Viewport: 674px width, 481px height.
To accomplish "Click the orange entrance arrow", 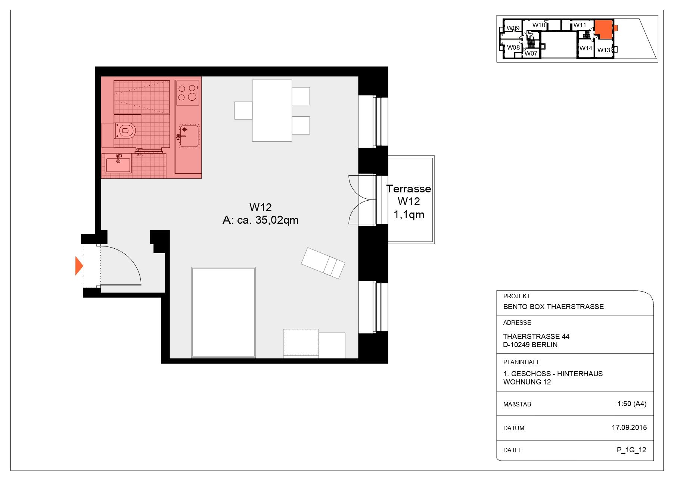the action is (x=78, y=266).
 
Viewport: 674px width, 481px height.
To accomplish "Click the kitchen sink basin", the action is (x=189, y=136).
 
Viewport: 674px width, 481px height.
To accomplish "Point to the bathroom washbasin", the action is (x=118, y=164).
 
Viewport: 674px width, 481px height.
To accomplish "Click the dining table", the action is (x=272, y=111).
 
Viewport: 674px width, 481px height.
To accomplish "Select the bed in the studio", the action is (x=223, y=312).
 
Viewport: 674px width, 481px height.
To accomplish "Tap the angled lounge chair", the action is (x=323, y=263).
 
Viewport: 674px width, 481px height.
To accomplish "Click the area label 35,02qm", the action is (x=277, y=220).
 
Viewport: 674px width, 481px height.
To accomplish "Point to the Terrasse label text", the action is (x=409, y=189).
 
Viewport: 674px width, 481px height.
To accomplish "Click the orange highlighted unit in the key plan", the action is (x=603, y=29).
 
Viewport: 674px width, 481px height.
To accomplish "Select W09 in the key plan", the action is (x=513, y=28).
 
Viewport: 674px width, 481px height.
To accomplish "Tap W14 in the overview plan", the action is (x=586, y=48).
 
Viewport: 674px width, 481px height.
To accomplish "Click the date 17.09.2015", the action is (x=629, y=428).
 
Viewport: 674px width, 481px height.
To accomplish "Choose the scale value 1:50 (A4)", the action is (x=632, y=404).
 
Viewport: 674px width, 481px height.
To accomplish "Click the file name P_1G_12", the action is (x=631, y=450).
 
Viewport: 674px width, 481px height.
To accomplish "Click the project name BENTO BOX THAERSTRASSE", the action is (x=553, y=307).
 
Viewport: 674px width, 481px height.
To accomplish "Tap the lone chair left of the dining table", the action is (x=243, y=110).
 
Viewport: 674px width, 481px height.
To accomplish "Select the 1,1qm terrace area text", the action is (x=409, y=215).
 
